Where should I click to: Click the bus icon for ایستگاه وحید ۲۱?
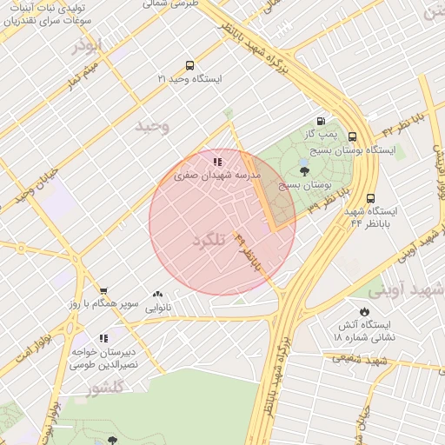189,65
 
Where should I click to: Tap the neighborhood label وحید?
151,127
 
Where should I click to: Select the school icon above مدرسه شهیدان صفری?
216,161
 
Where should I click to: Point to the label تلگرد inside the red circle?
209,239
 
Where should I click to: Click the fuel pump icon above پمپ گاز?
321,122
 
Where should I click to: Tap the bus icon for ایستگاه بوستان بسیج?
352,136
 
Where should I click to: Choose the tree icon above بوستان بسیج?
302,171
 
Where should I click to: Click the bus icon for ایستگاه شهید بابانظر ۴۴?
371,198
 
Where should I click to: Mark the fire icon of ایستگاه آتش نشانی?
363,311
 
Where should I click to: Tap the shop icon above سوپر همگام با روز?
103,291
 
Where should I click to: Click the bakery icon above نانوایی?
157,295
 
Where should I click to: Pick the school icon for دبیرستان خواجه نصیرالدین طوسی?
103,338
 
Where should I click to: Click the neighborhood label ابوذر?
88,44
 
